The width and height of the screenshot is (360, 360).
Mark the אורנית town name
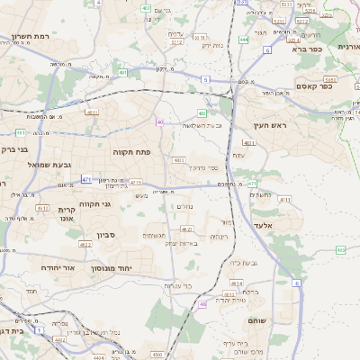(x=348, y=46)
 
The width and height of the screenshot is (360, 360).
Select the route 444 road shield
(x=244, y=40)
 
